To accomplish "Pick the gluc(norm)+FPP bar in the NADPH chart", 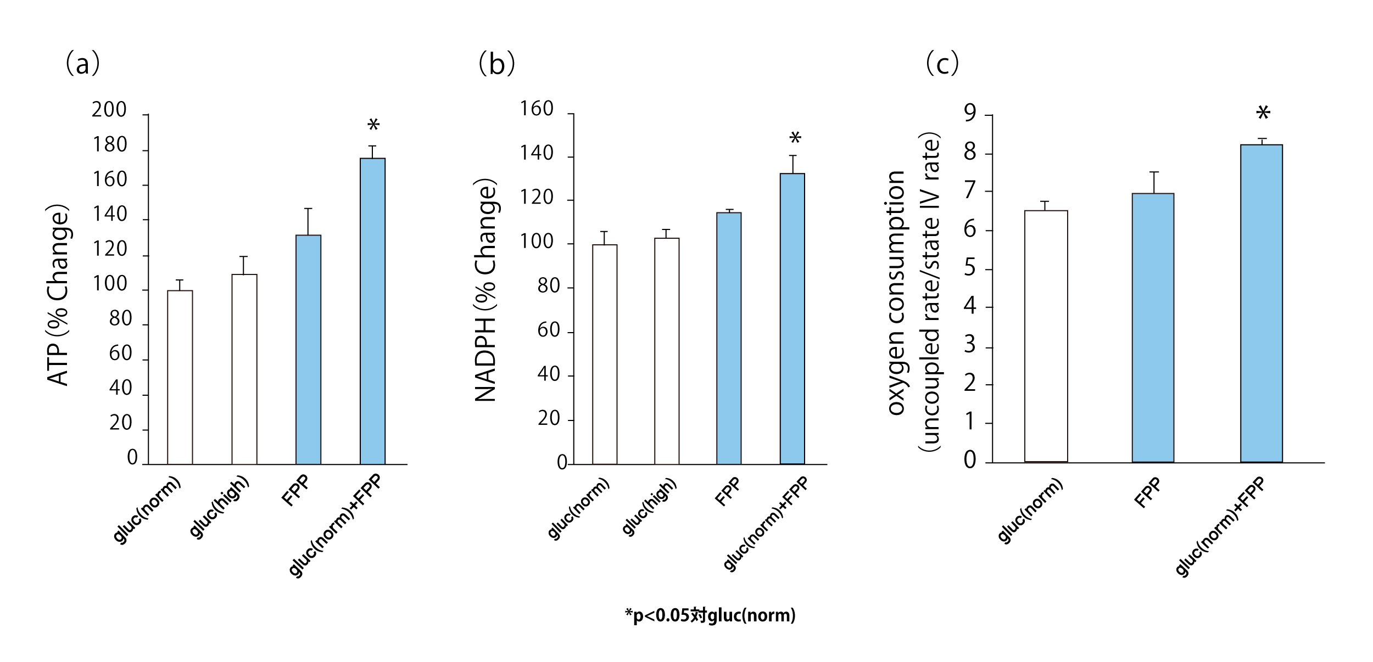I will point(792,318).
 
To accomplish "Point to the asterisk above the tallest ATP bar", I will point(373,126).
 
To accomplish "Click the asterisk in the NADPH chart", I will point(795,138).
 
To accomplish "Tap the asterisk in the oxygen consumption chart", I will point(1263,114).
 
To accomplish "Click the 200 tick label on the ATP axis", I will point(109,110).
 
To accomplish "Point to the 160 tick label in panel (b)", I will point(537,109).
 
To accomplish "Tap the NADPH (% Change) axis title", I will point(485,291).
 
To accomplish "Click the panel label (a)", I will point(82,64).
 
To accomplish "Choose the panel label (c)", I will point(942,64).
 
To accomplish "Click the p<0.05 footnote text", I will point(710,615).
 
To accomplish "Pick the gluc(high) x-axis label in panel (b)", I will point(649,507).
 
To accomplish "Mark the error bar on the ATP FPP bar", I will point(308,221).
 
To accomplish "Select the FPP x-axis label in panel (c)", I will point(1148,492).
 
